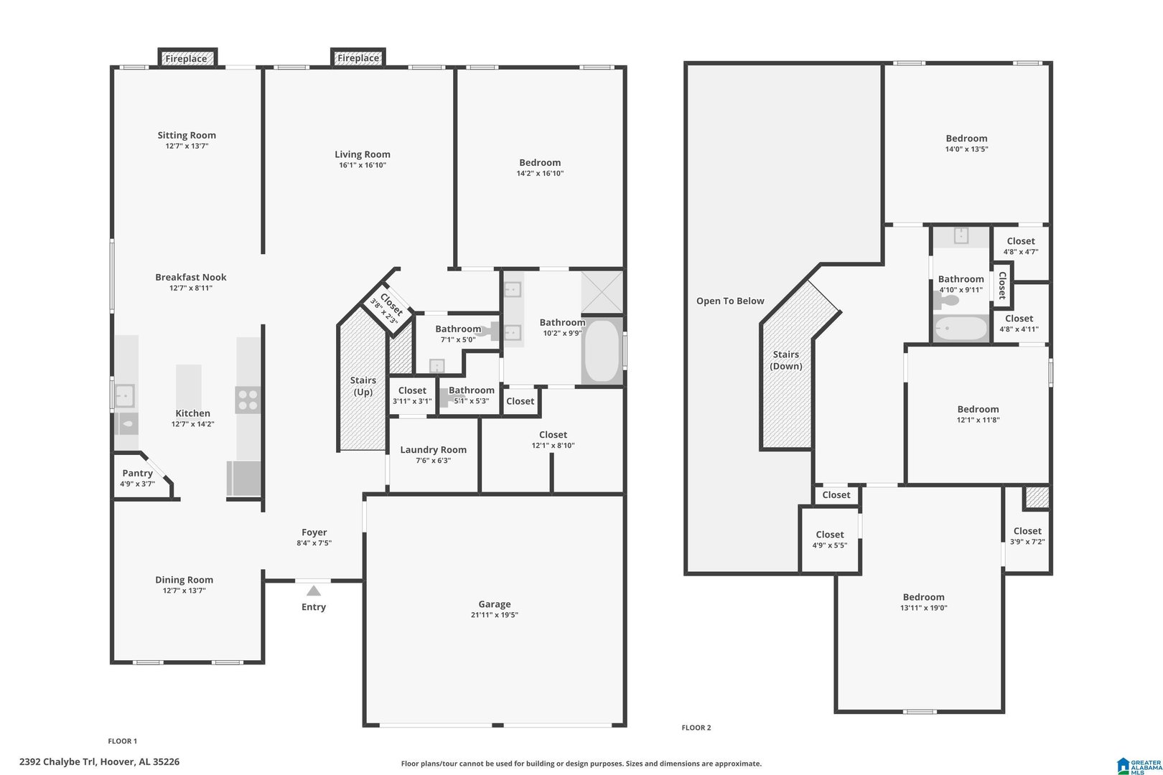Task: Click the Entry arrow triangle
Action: pyautogui.click(x=313, y=591)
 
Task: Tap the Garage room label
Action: pyautogui.click(x=494, y=603)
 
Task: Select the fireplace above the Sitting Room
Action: pyautogui.click(x=187, y=58)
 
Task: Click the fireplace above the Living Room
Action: pyautogui.click(x=358, y=57)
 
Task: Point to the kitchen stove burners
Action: pyautogui.click(x=248, y=400)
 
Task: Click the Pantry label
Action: pyautogui.click(x=138, y=473)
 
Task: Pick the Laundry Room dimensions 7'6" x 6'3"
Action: pyautogui.click(x=433, y=461)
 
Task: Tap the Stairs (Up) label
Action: pyautogui.click(x=363, y=385)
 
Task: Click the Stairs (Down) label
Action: pyautogui.click(x=785, y=360)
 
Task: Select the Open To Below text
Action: pyautogui.click(x=730, y=301)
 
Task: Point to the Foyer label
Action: pyautogui.click(x=314, y=532)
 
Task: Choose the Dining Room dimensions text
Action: pyautogui.click(x=185, y=591)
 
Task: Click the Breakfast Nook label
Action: pyautogui.click(x=190, y=277)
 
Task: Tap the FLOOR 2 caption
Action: pyautogui.click(x=696, y=728)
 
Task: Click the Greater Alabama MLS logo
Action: pyautogui.click(x=1139, y=766)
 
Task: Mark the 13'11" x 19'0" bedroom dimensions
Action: pyautogui.click(x=924, y=608)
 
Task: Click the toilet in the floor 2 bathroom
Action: pyautogui.click(x=946, y=301)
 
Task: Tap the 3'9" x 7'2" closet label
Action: pyautogui.click(x=1027, y=530)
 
